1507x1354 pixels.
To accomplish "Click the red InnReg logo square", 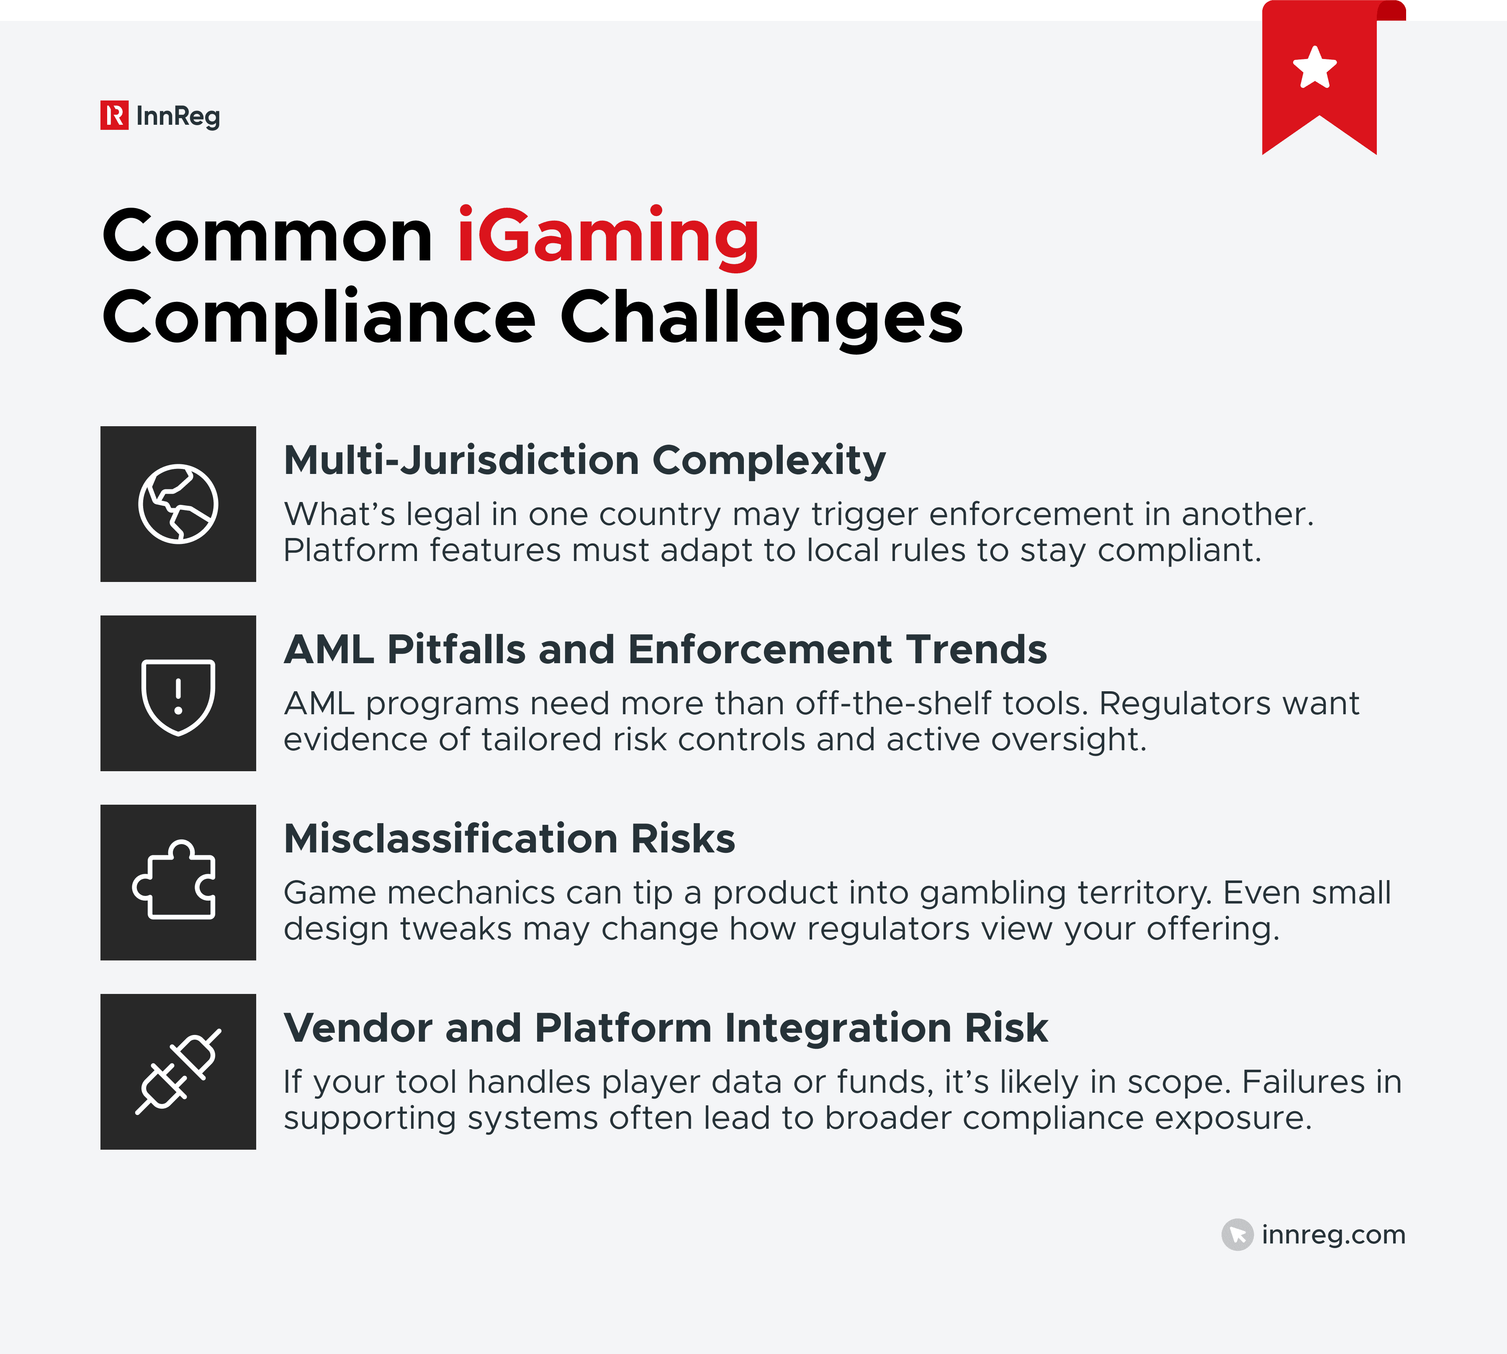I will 115,115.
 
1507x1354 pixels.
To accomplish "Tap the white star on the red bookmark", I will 1314,68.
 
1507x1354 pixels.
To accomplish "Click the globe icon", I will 178,504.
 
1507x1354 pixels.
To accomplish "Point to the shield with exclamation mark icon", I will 178,696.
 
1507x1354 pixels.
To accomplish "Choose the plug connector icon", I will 178,1071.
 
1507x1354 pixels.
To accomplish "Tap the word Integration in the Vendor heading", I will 838,1028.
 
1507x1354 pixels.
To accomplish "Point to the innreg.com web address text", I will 1333,1235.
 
